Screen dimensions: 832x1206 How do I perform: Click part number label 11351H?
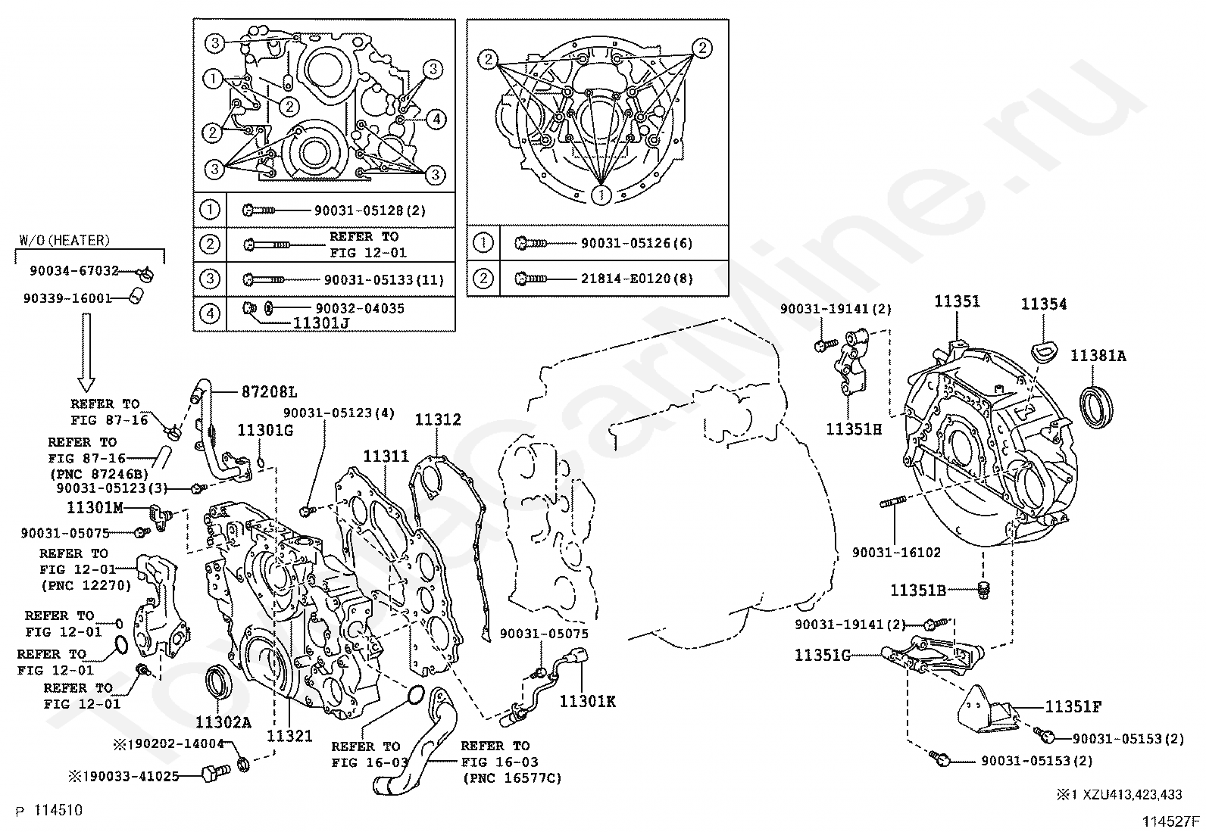[x=853, y=430]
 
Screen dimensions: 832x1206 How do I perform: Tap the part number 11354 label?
[x=1043, y=304]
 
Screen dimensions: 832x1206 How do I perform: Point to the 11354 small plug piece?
[x=1044, y=351]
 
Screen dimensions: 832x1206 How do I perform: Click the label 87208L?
[x=269, y=392]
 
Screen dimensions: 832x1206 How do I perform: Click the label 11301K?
[x=587, y=702]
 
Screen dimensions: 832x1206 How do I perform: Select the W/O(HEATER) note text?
[x=64, y=241]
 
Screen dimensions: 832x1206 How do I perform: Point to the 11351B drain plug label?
[x=917, y=591]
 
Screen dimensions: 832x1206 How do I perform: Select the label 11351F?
[x=1073, y=707]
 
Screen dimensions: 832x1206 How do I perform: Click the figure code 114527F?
[x=1170, y=821]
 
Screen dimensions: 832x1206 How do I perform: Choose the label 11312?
[x=437, y=420]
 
